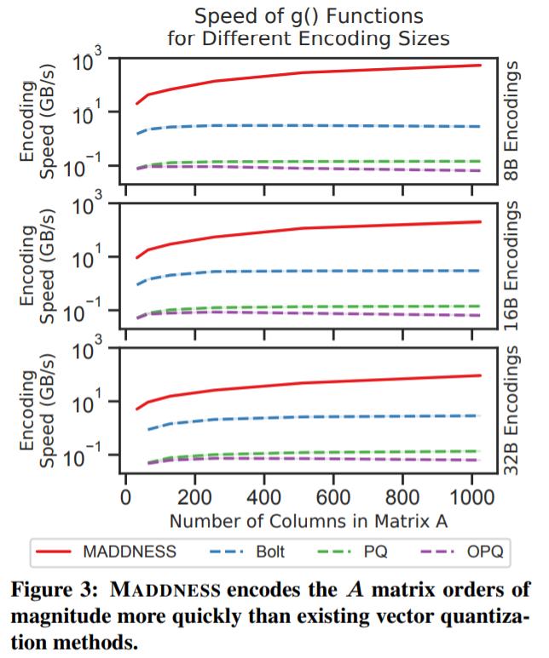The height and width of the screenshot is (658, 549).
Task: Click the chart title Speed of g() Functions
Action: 308,15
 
